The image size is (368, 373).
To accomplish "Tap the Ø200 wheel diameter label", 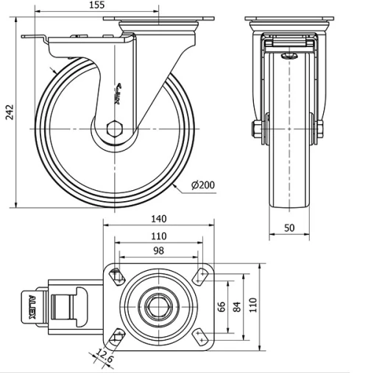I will click(202, 185).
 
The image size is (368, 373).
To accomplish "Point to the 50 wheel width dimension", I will click(289, 228).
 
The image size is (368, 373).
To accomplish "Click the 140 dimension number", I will click(158, 218).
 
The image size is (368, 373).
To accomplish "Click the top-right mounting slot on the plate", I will click(199, 277).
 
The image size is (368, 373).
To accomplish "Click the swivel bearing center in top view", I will click(158, 306).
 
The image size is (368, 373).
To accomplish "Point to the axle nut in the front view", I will click(256, 130).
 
